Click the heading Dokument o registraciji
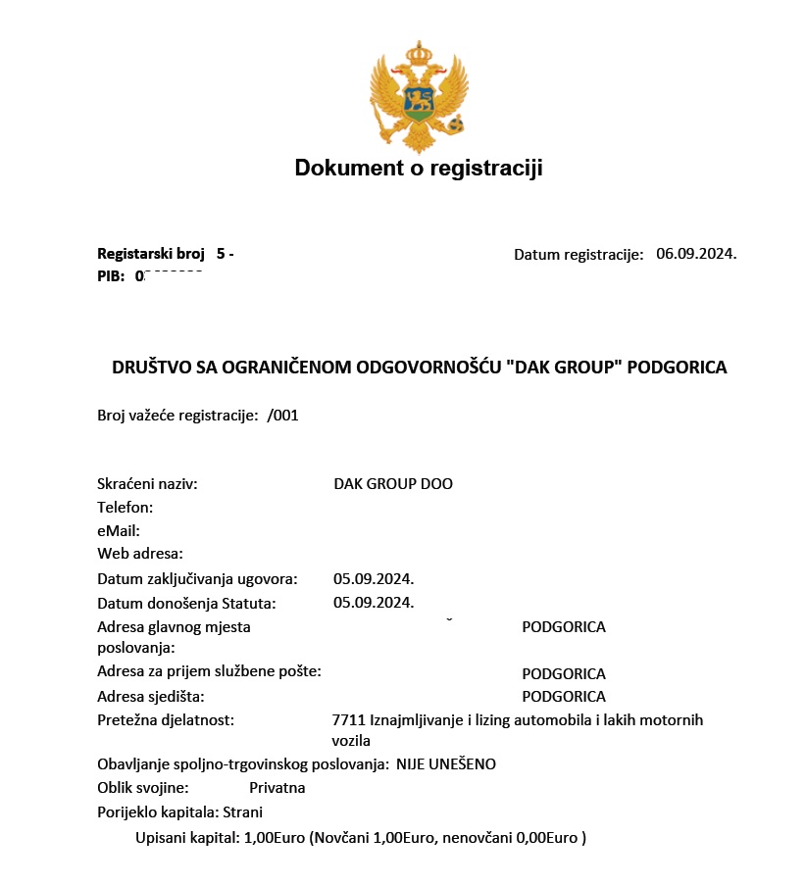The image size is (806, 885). [x=419, y=169]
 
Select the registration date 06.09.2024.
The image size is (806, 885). [x=696, y=254]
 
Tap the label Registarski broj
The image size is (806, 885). [x=150, y=254]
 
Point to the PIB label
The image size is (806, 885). [x=110, y=276]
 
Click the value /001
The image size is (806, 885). [x=282, y=415]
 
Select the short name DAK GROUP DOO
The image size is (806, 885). [x=393, y=484]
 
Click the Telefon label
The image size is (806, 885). [x=126, y=508]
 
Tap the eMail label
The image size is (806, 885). [x=119, y=530]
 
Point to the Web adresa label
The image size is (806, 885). [x=140, y=554]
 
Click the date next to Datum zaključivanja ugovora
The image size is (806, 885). [x=374, y=578]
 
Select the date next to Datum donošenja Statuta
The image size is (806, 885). [x=374, y=602]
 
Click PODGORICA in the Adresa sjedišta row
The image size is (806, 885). [x=564, y=697]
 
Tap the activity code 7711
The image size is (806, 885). [x=349, y=720]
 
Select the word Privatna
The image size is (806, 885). [x=277, y=788]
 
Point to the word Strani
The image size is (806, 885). [x=243, y=811]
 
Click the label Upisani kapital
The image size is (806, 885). [x=187, y=838]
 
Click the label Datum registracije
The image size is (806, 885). [x=579, y=255]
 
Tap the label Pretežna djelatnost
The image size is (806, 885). [x=166, y=720]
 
